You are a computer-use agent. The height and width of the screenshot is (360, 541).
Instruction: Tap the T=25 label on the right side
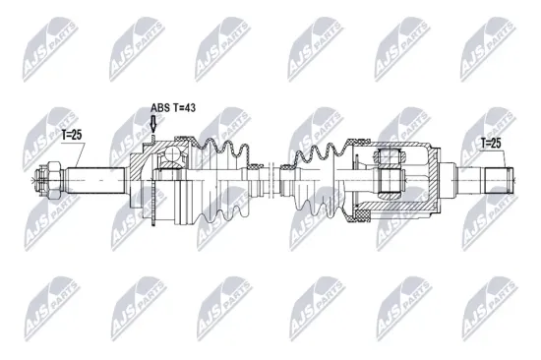[490, 144]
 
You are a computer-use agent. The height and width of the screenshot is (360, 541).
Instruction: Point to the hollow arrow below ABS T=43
[152, 124]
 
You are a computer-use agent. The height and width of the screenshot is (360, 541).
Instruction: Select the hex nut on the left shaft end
[55, 181]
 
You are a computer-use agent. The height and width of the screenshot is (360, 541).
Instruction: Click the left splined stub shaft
[93, 181]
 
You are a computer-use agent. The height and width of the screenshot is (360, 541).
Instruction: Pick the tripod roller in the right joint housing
[390, 181]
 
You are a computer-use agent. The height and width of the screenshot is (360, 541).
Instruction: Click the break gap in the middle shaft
[273, 180]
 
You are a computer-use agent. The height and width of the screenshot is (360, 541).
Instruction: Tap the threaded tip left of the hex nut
[40, 181]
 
